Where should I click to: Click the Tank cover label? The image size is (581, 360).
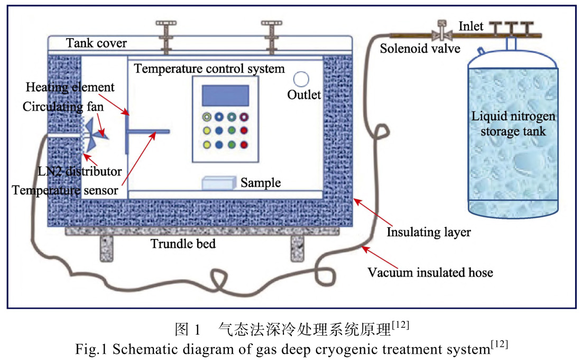[96, 43]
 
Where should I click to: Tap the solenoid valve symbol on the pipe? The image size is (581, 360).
[440, 33]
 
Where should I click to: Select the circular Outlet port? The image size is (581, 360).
[301, 79]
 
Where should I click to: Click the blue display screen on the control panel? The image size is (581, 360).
[225, 95]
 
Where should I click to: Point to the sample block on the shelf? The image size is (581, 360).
[218, 183]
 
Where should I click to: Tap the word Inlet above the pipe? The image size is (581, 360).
[471, 26]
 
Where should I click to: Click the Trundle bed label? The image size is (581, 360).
[183, 244]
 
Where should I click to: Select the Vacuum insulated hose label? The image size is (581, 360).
[430, 272]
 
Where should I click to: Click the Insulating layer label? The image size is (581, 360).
[428, 232]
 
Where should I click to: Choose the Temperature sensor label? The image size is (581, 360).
[65, 190]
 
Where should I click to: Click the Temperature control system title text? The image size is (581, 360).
[209, 69]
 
